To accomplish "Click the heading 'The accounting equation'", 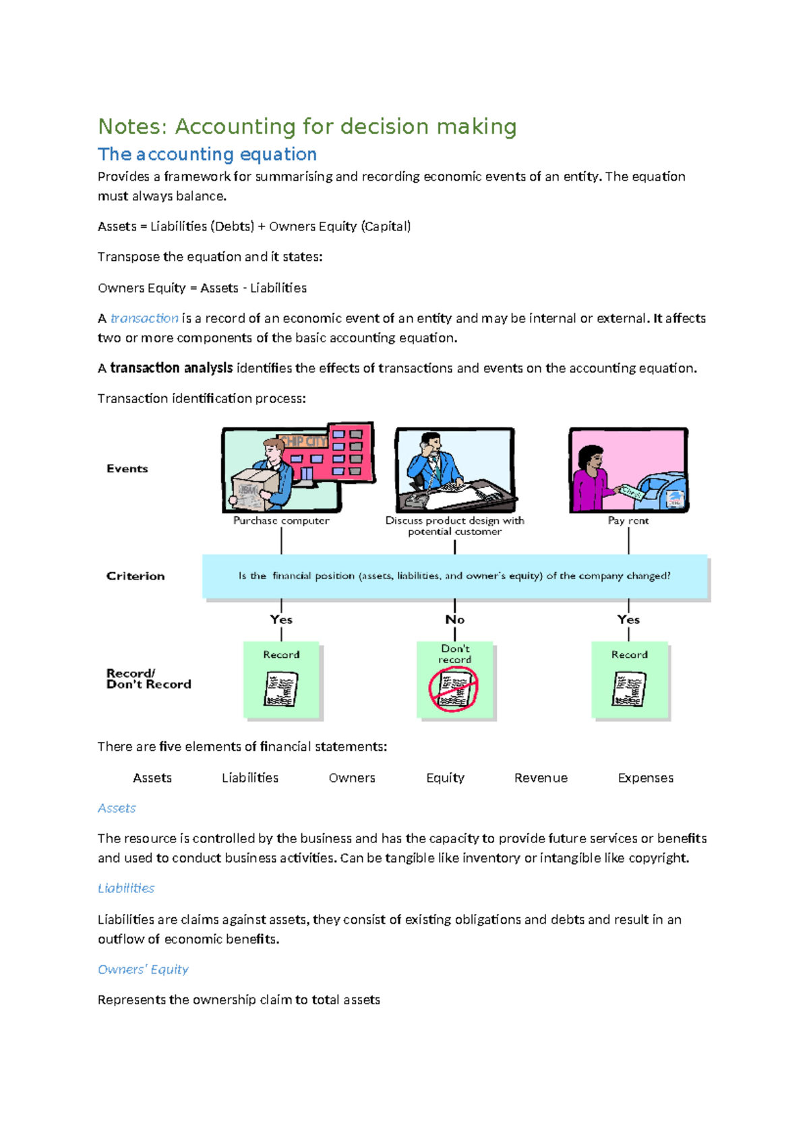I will (207, 154).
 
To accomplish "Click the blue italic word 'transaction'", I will (144, 318).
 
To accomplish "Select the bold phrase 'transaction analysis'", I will (171, 368).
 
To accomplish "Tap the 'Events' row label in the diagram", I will (127, 468).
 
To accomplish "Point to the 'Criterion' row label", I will (135, 576).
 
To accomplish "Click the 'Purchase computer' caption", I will (281, 520).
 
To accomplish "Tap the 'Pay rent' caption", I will (628, 520).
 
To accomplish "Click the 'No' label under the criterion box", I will (454, 619).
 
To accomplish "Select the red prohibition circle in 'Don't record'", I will (454, 689).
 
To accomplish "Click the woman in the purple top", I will (591, 477).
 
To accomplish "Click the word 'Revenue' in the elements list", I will (541, 778).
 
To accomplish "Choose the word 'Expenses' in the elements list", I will (645, 778).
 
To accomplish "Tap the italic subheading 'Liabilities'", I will (126, 888).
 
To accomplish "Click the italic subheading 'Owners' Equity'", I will (143, 969).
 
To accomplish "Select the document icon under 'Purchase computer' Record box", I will (281, 689).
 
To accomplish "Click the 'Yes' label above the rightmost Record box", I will (628, 619).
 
